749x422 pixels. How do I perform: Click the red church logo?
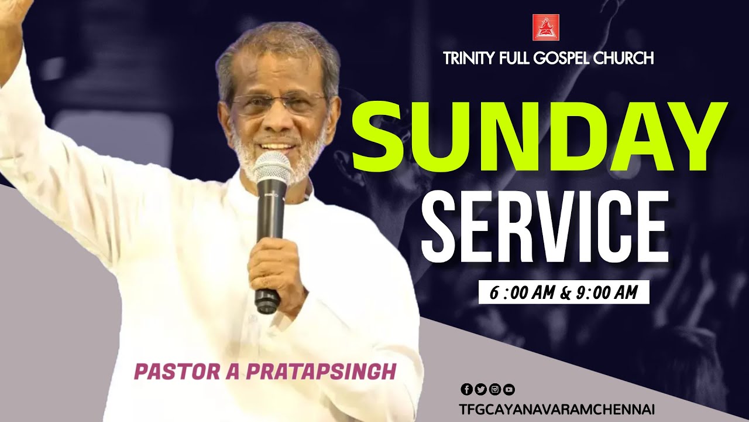tap(545, 27)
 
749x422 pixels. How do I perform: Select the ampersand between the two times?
tap(565, 292)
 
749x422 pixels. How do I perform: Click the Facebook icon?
tap(466, 389)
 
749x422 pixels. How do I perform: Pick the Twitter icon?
tap(480, 389)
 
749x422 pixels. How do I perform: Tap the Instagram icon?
tap(494, 389)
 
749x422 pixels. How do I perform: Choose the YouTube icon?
tap(509, 389)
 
